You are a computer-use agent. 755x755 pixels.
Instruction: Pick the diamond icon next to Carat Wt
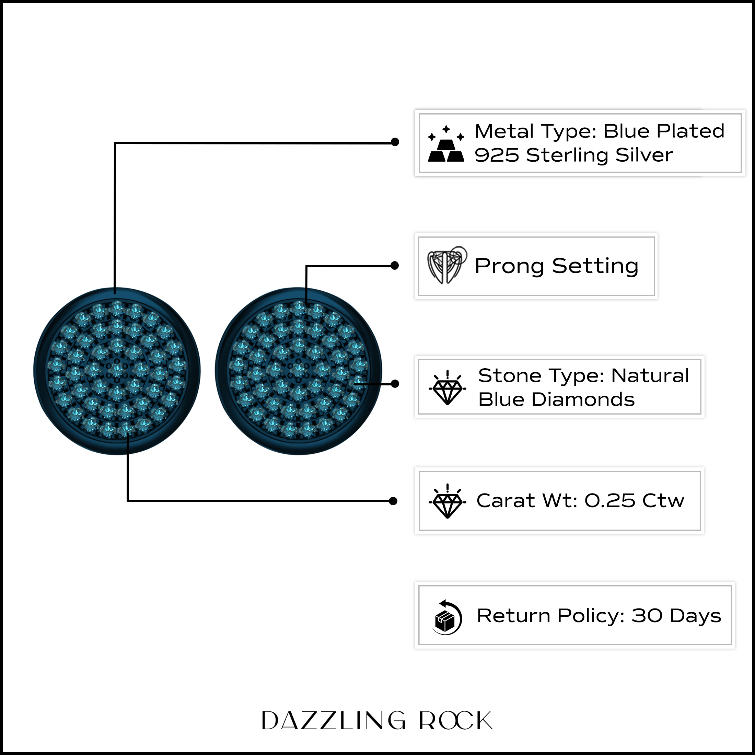click(x=447, y=501)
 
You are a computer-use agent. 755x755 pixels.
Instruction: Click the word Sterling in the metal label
click(x=567, y=155)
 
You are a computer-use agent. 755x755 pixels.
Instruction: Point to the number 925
click(x=496, y=155)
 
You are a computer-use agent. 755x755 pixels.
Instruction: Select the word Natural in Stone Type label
click(x=650, y=375)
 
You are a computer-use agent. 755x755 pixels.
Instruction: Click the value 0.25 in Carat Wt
click(x=610, y=501)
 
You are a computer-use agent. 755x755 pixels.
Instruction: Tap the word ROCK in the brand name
click(x=456, y=720)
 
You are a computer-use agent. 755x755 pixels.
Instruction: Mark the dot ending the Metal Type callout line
click(x=395, y=142)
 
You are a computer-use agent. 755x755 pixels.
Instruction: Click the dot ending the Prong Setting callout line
click(x=395, y=266)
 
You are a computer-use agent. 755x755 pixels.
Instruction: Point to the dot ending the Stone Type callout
click(x=395, y=384)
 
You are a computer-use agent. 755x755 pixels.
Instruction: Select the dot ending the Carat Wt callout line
click(x=393, y=501)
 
